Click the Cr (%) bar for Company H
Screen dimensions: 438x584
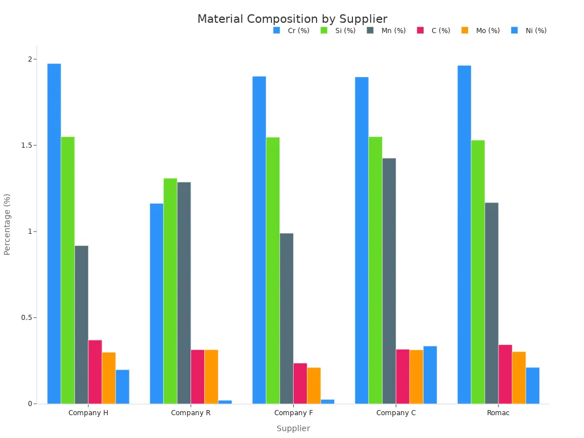54,234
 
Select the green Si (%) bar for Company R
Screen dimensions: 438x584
170,291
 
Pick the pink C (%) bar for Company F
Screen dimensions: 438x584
300,383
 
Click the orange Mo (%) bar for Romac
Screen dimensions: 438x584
519,378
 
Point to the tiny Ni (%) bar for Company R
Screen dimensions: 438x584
225,401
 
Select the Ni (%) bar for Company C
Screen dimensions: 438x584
430,375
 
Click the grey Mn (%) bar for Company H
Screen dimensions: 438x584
82,325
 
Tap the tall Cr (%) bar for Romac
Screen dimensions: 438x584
464,234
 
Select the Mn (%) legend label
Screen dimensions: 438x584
394,31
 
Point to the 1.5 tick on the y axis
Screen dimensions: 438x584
26,145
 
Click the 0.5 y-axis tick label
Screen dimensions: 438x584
26,318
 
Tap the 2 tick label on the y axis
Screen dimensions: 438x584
30,59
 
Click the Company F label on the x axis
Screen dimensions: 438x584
293,413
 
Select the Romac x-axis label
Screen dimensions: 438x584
498,413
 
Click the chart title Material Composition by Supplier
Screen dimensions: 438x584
292,19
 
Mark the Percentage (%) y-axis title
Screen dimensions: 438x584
7,224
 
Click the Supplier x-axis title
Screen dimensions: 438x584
293,428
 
